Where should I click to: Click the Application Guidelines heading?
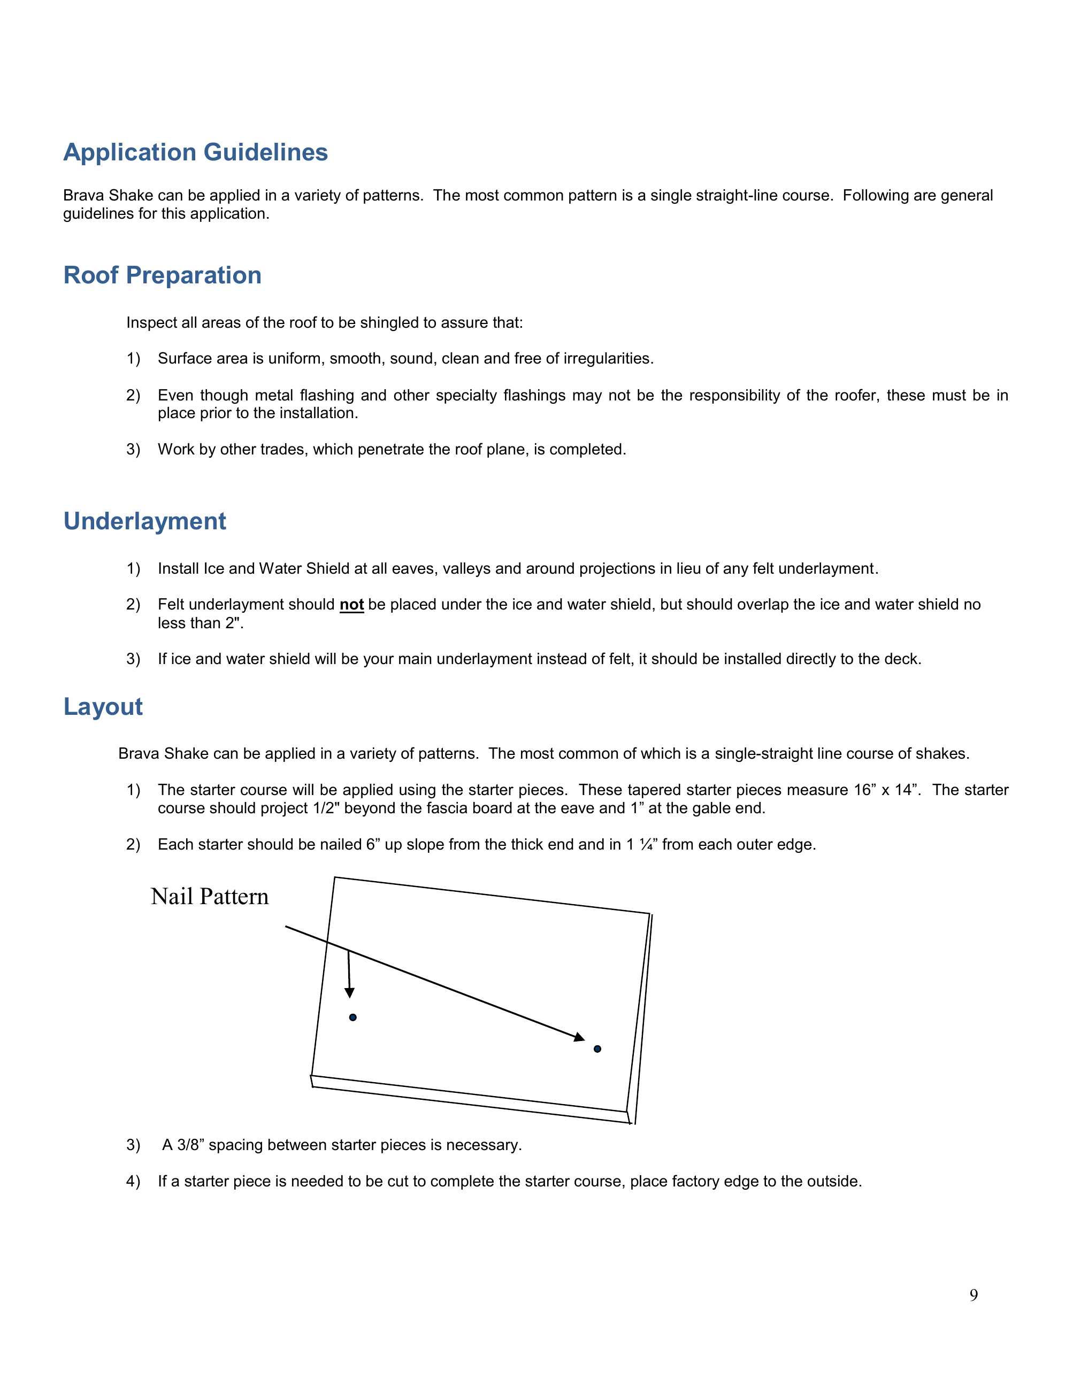(x=195, y=152)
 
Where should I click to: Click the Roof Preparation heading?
(x=162, y=275)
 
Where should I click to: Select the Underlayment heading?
(x=144, y=521)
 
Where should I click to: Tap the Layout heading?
(x=103, y=707)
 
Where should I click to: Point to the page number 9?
(x=973, y=1295)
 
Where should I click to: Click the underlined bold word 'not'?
(x=351, y=604)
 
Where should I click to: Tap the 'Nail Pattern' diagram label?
(x=210, y=897)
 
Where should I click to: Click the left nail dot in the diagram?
(x=353, y=1017)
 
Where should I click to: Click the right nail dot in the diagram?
(x=597, y=1048)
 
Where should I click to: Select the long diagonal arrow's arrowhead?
(x=579, y=1038)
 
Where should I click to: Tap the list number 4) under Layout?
(x=133, y=1182)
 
